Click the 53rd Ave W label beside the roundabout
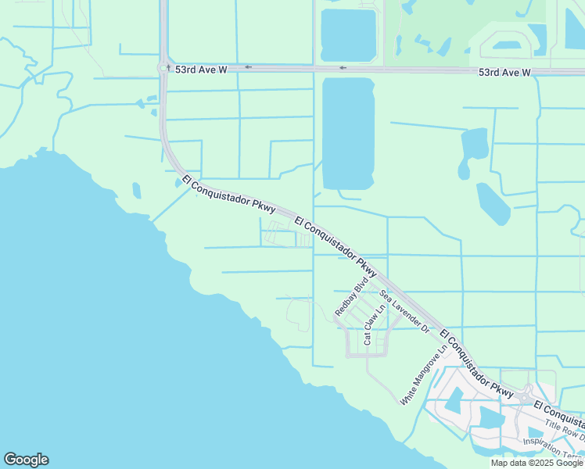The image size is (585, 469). coord(201,70)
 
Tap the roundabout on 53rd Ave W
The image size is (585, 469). coord(164,68)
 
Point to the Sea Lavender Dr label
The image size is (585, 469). coord(405,312)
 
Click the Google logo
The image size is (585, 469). coord(26,460)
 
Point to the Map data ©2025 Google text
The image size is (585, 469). coord(537,463)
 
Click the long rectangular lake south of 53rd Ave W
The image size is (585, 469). coord(348,133)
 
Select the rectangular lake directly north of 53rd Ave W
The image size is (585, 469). coord(348,35)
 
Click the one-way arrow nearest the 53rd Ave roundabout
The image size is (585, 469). coord(248,67)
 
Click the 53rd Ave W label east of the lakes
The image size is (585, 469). coord(504,72)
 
